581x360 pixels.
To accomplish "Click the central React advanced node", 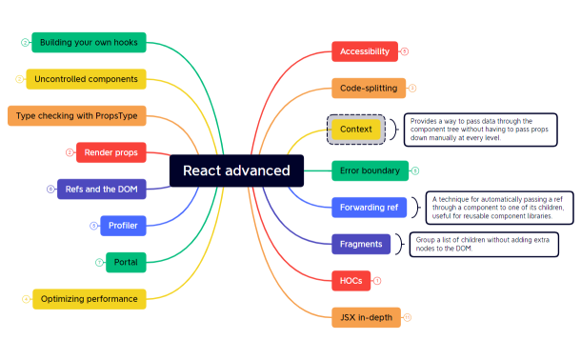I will point(236,170).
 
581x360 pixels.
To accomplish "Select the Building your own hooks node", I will point(89,43).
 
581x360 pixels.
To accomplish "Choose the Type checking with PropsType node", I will point(76,115).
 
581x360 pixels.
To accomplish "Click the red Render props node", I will point(110,152).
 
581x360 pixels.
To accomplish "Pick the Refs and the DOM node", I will point(101,189).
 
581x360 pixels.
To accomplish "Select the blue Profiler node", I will point(123,226).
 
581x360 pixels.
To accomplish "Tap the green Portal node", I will point(126,262).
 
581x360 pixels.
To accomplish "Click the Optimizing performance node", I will point(89,299).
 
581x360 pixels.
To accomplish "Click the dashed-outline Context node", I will point(355,129).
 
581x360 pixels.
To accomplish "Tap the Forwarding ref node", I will point(368,207).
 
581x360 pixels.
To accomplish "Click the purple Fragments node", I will point(361,244).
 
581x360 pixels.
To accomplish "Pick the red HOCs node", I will point(350,281).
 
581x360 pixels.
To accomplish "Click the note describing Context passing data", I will point(480,130).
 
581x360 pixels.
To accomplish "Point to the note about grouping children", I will point(470,244).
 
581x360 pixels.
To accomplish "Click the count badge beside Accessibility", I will point(405,51).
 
